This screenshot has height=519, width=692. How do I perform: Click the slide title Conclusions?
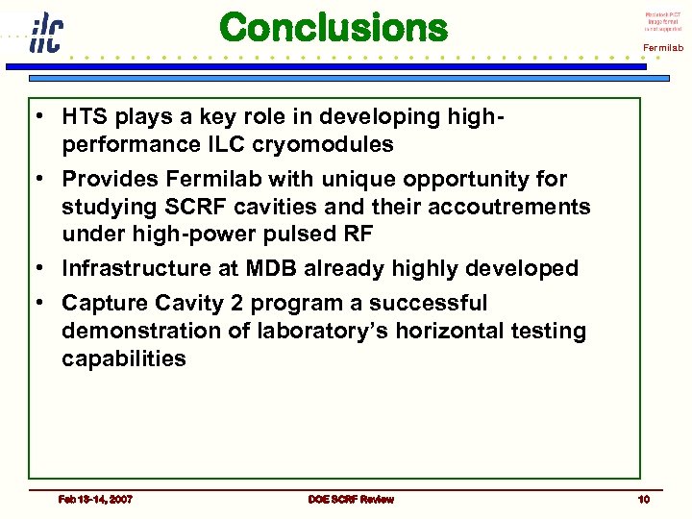point(334,27)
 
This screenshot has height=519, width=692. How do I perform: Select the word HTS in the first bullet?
point(84,117)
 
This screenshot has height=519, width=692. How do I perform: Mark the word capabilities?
point(124,359)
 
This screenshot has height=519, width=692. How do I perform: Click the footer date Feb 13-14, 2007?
point(95,499)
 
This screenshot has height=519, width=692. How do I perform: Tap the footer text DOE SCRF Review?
point(351,499)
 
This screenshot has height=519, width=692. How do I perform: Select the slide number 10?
point(643,499)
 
